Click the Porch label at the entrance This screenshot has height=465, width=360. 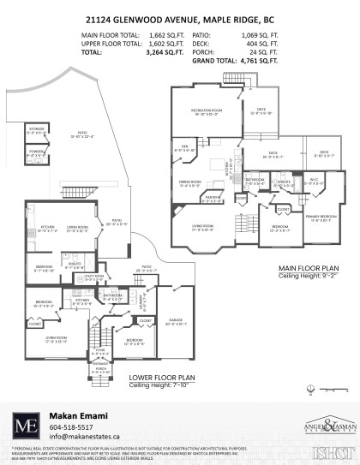pos(101,369)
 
